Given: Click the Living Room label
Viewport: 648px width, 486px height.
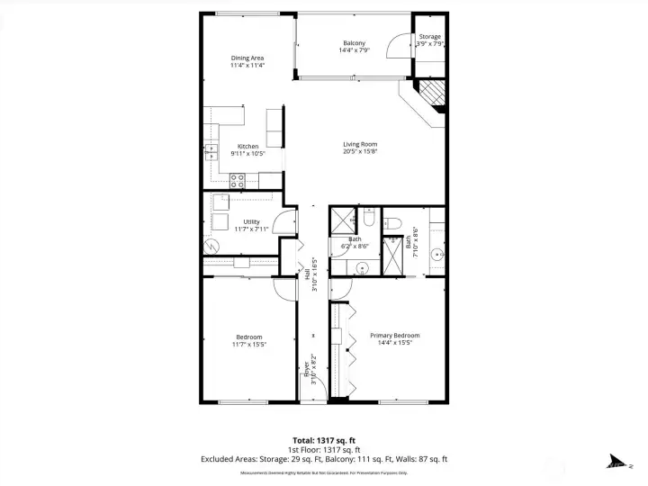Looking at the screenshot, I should pyautogui.click(x=359, y=144).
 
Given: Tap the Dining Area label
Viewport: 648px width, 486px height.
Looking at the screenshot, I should pyautogui.click(x=247, y=58).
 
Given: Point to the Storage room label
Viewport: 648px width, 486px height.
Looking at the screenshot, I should pyautogui.click(x=429, y=37).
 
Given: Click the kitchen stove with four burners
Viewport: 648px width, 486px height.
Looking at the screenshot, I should pyautogui.click(x=238, y=179).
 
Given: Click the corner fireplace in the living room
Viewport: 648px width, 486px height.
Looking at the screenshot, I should pyautogui.click(x=432, y=94).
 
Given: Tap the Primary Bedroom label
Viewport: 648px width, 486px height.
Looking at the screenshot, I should pyautogui.click(x=394, y=336).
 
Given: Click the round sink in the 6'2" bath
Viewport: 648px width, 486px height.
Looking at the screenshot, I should pyautogui.click(x=363, y=266).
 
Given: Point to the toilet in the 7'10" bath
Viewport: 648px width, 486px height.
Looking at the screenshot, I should pyautogui.click(x=393, y=222).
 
